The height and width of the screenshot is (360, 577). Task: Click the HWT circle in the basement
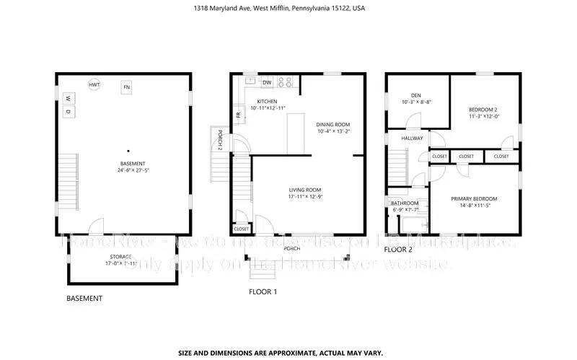(94, 85)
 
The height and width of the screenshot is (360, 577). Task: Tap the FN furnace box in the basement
(127, 87)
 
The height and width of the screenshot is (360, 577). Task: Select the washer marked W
(68, 98)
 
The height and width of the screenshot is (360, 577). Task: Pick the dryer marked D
(68, 112)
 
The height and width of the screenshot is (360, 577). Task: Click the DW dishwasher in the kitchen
(267, 82)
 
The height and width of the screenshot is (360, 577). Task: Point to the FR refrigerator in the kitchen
(237, 115)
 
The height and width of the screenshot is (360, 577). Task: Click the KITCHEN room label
(268, 102)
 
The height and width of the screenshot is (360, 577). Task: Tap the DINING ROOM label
(333, 124)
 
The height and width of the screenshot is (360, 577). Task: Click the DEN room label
(415, 95)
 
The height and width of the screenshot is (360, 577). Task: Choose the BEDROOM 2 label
(483, 110)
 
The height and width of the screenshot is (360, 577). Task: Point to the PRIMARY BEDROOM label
(474, 198)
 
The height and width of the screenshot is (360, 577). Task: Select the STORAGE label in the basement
(120, 256)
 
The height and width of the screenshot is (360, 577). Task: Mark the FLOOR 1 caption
(263, 292)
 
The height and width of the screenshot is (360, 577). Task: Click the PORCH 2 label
(221, 137)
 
